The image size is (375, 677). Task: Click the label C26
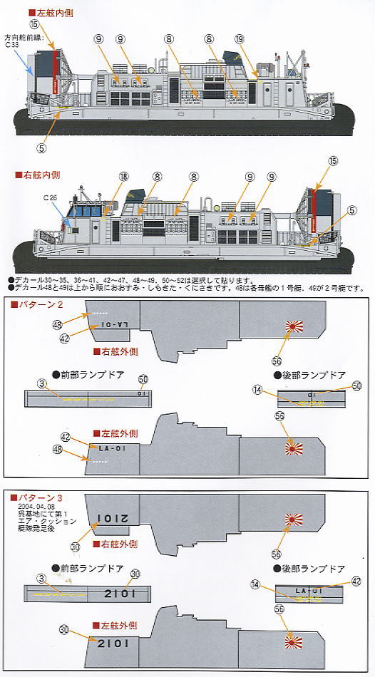48,197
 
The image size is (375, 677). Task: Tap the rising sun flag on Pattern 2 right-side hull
293,327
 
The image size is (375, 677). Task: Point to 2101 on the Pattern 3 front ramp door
117,594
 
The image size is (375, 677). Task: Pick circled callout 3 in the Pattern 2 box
42,384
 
